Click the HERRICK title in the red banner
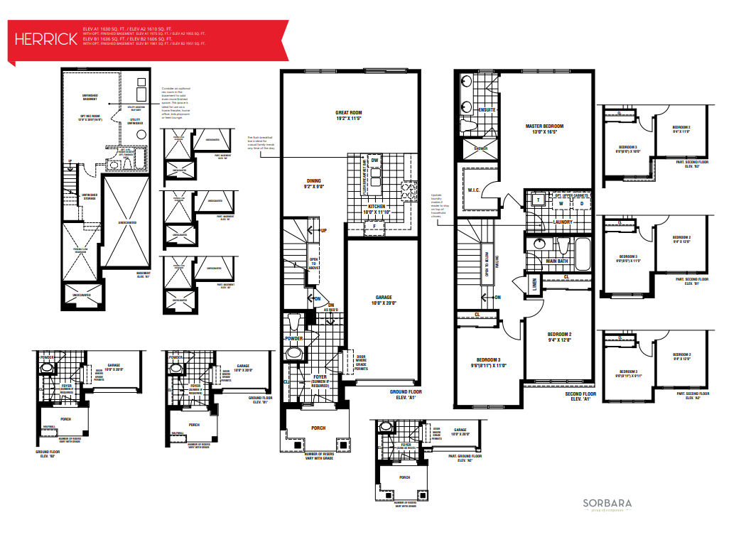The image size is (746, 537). pyautogui.click(x=45, y=39)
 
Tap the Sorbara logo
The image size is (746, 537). pyautogui.click(x=607, y=505)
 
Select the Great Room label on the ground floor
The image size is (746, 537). pyautogui.click(x=349, y=116)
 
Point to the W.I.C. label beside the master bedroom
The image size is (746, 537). pyautogui.click(x=475, y=190)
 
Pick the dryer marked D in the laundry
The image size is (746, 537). pyautogui.click(x=580, y=203)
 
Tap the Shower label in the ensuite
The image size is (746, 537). pyautogui.click(x=480, y=149)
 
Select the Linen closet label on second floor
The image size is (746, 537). pyautogui.click(x=534, y=284)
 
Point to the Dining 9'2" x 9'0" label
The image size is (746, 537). pyautogui.click(x=315, y=184)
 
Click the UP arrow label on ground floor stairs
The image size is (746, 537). pyautogui.click(x=323, y=231)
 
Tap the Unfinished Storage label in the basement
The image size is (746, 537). pyautogui.click(x=90, y=196)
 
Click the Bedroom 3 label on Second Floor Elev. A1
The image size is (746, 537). pyautogui.click(x=489, y=362)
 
